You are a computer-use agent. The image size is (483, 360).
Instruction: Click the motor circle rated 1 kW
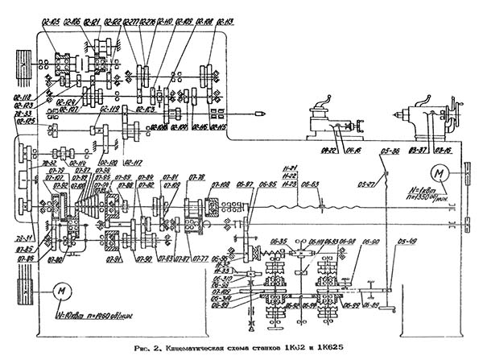pyautogui.click(x=440, y=172)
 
